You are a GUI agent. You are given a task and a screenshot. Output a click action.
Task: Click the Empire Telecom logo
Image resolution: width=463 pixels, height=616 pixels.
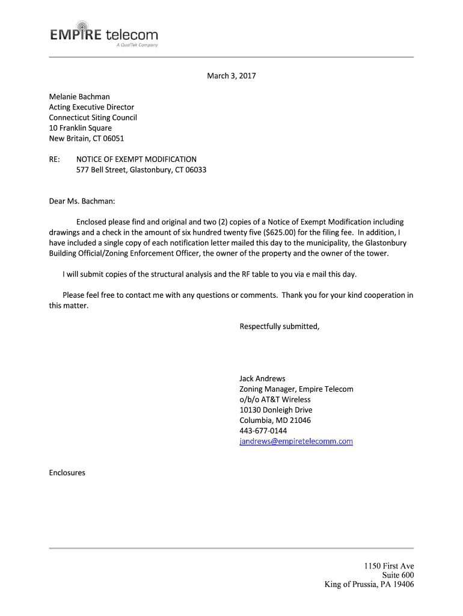(104, 36)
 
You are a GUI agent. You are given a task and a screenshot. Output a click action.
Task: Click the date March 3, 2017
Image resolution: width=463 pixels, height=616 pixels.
(231, 76)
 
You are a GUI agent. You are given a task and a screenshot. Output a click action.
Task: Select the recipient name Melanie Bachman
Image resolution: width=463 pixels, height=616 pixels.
(79, 96)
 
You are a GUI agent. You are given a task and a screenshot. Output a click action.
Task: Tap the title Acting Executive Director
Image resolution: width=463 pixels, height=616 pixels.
(91, 107)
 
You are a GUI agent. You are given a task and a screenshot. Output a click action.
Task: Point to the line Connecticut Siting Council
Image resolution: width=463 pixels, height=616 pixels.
(93, 117)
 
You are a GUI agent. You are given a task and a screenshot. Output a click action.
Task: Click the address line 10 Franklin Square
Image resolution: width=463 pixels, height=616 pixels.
(80, 128)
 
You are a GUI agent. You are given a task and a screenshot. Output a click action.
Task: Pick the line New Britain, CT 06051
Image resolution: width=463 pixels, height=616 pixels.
(86, 138)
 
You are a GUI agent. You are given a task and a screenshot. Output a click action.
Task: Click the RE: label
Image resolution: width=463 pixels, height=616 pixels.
(55, 159)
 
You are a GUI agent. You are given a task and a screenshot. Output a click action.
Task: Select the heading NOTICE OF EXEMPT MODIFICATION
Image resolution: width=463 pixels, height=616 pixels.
(136, 159)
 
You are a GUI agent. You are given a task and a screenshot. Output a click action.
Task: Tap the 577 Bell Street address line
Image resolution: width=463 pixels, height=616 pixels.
(141, 170)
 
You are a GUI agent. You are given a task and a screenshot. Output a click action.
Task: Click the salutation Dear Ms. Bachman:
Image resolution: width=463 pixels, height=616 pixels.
(82, 201)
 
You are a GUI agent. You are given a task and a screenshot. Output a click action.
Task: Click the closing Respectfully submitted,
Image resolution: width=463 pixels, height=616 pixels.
(280, 327)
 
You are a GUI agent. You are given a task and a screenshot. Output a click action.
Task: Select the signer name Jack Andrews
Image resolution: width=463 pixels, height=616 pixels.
(262, 379)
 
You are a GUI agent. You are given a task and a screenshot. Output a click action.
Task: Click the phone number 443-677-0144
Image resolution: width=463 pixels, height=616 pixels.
(263, 431)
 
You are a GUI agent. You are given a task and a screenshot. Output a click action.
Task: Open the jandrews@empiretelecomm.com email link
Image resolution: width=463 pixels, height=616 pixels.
(296, 442)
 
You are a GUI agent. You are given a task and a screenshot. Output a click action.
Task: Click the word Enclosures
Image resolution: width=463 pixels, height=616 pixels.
(67, 473)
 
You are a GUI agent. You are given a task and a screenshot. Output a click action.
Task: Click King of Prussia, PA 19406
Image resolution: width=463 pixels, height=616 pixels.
(369, 585)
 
